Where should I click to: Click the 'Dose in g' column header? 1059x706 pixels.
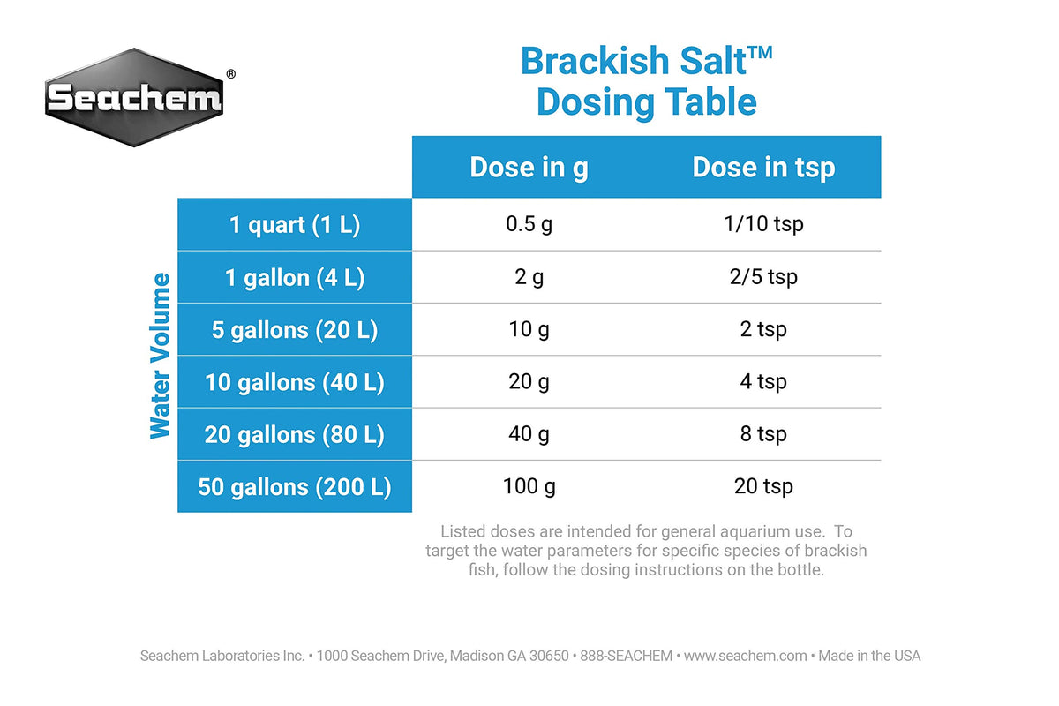point(529,168)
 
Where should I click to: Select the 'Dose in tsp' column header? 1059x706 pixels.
point(763,168)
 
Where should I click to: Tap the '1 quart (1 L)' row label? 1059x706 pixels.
point(295,225)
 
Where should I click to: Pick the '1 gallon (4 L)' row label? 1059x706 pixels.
point(295,278)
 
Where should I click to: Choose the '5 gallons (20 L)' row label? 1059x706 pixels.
point(295,330)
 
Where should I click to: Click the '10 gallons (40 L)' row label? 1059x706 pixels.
point(295,382)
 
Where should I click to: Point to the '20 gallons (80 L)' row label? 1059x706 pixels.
point(295,435)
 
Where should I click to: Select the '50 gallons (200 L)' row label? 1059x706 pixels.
point(295,487)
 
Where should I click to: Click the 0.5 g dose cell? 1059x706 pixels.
point(529,224)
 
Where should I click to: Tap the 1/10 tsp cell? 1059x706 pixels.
point(763,224)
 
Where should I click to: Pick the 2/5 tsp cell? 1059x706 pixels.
point(763,276)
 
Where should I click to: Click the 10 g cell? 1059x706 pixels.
point(529,329)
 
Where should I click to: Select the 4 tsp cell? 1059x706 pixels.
point(763,381)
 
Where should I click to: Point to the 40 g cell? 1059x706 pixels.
point(529,434)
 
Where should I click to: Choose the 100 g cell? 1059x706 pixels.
point(529,486)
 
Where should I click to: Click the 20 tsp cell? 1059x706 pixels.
point(763,486)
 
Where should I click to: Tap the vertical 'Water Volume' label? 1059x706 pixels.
point(161,356)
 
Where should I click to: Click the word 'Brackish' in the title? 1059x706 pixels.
point(594,61)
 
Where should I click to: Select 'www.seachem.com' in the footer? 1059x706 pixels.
point(745,656)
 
